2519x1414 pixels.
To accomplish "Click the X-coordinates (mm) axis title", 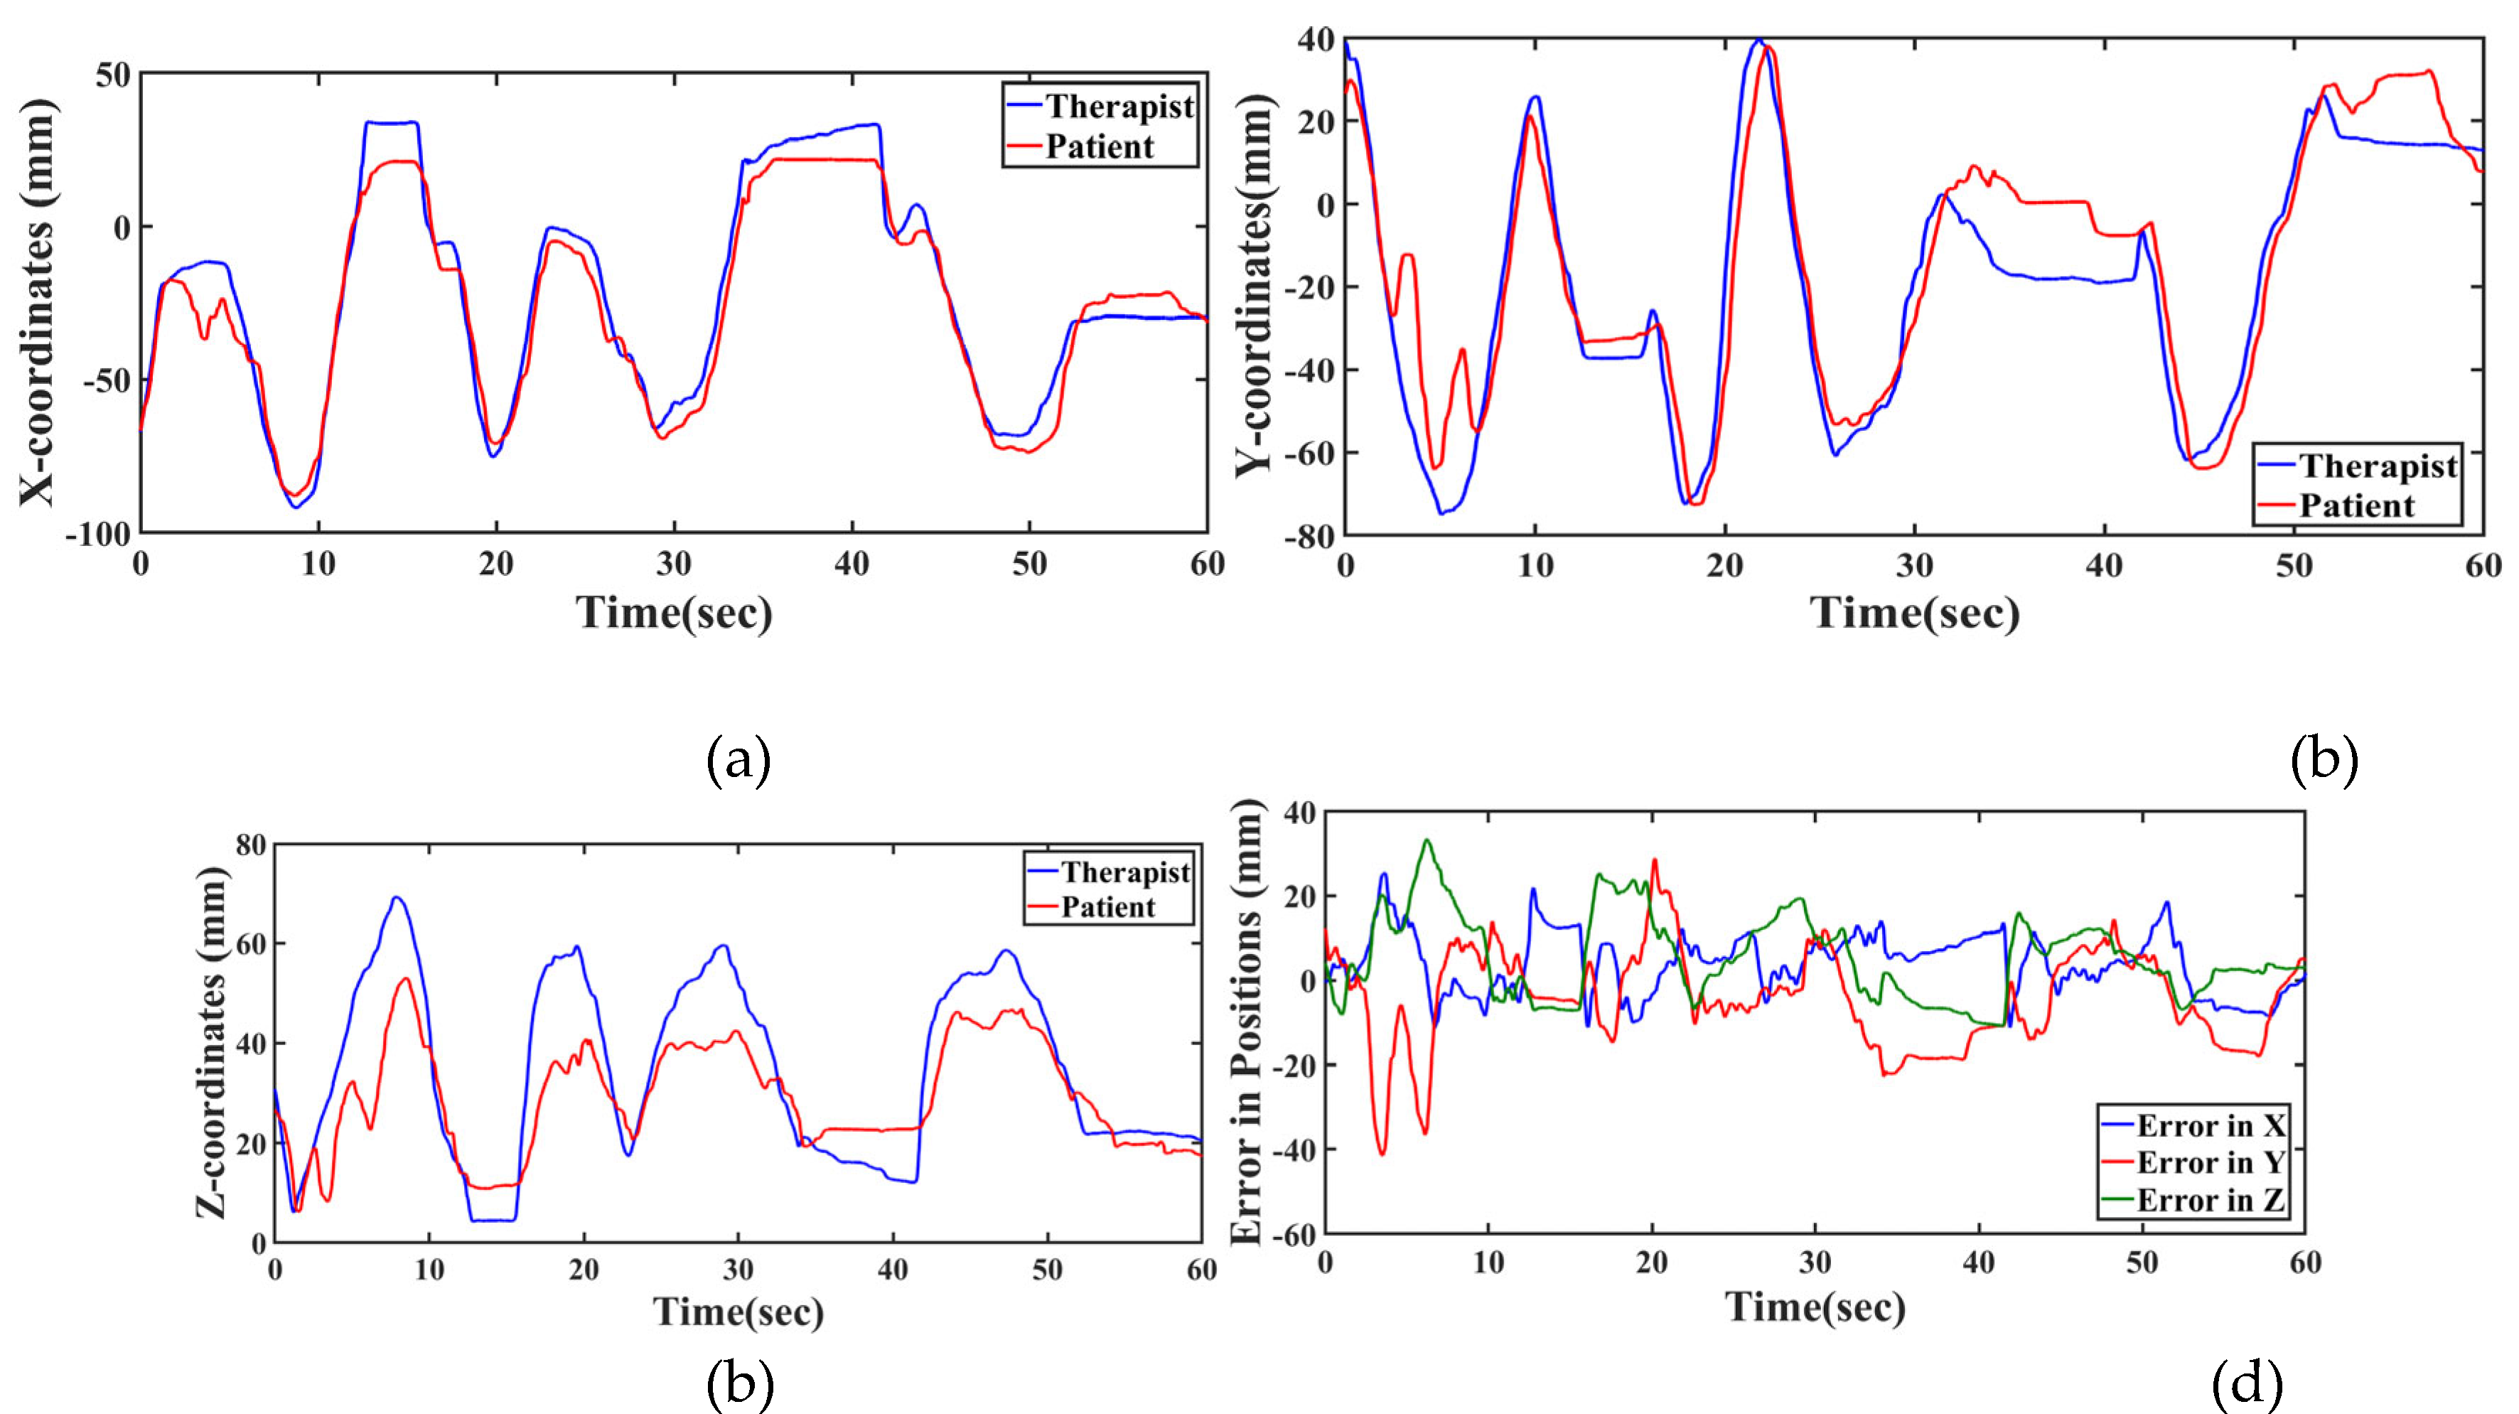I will [x=37, y=303].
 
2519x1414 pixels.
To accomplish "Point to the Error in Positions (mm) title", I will [x=1246, y=1022].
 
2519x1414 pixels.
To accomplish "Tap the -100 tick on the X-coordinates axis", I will [x=98, y=535].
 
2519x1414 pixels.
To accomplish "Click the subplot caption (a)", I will [x=738, y=760].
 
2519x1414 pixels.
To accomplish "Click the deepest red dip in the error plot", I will [x=1382, y=1154].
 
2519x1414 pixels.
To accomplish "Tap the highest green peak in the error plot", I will [x=1427, y=840].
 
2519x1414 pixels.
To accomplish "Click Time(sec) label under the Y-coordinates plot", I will [x=1915, y=613].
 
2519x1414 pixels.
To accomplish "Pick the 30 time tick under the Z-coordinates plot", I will [x=738, y=1269].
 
